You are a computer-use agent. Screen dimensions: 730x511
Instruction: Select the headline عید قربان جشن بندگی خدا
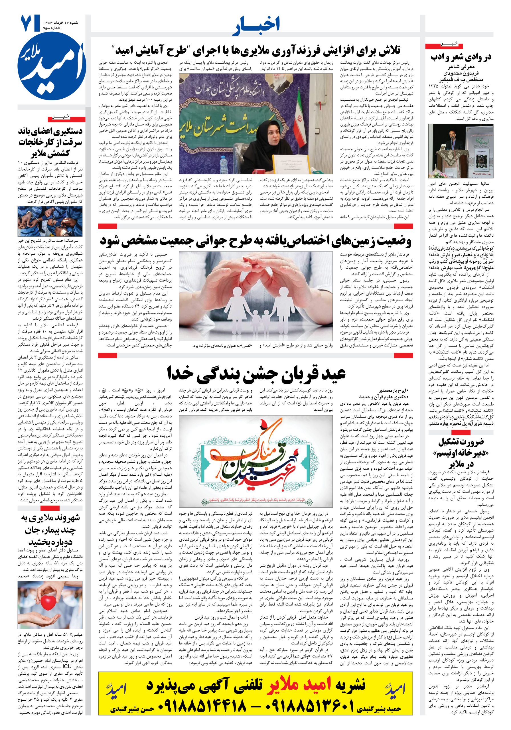click(x=256, y=373)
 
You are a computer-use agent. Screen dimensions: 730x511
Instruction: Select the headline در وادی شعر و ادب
click(x=461, y=57)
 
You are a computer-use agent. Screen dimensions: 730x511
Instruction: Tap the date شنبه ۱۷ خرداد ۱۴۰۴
click(x=60, y=23)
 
